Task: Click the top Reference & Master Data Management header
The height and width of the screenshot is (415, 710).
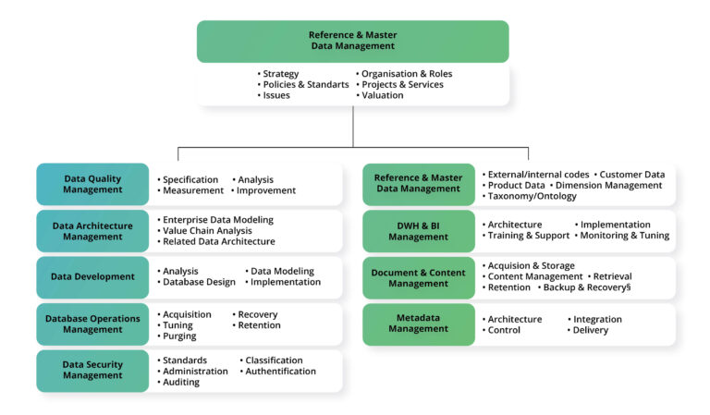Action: pos(351,41)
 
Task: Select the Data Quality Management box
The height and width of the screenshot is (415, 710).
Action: pos(92,184)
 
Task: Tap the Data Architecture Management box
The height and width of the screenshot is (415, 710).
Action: pos(92,230)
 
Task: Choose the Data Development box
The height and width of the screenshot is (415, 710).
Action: pos(92,276)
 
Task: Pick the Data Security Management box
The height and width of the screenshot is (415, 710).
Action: pos(92,370)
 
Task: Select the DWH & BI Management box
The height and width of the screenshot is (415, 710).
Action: pos(418,230)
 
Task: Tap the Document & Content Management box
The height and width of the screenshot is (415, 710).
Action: pos(418,277)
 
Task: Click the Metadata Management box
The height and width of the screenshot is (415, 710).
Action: pos(418,323)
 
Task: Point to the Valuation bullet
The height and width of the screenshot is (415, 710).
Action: pos(382,95)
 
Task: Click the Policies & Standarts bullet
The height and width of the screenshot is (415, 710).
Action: pos(305,84)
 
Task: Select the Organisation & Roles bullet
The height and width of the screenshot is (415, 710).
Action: pos(407,73)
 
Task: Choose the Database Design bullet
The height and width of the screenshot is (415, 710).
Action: pos(199,282)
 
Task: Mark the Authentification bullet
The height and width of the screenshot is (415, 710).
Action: pos(280,371)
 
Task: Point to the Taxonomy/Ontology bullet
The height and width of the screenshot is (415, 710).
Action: pos(532,196)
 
